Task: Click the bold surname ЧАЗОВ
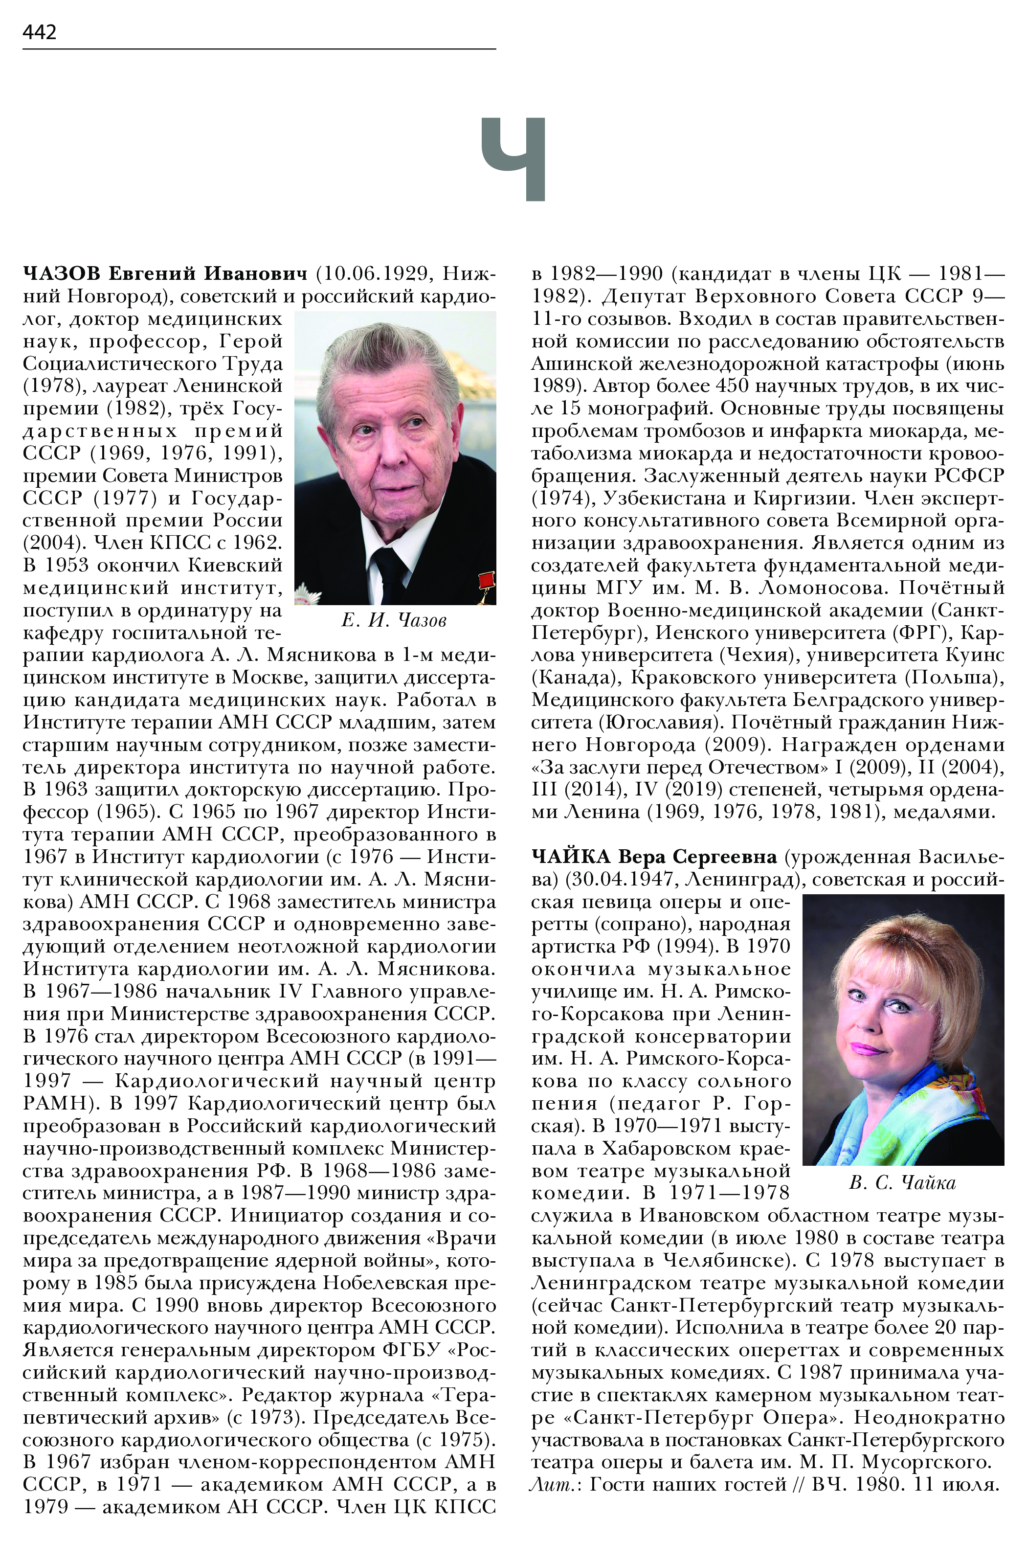[62, 273]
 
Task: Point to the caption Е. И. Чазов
[394, 620]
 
